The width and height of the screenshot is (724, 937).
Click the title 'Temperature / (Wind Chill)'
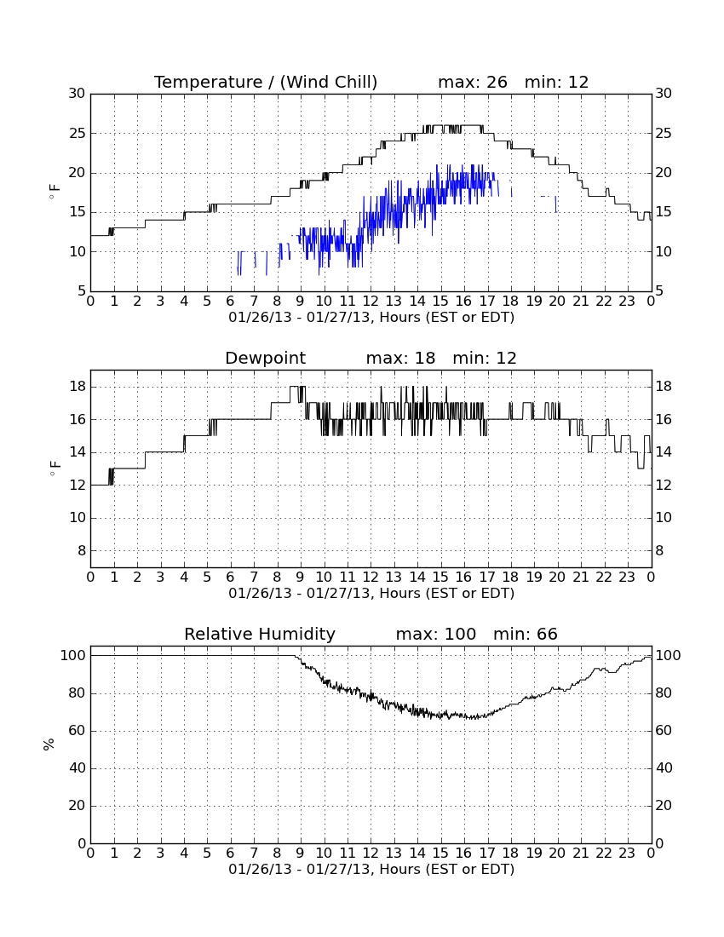(x=266, y=82)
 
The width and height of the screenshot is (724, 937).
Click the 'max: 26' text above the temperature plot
(x=473, y=82)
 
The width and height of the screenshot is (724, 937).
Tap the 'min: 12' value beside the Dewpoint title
(x=485, y=358)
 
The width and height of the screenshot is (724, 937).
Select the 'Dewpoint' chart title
(x=265, y=359)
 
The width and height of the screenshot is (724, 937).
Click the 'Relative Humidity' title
(x=260, y=634)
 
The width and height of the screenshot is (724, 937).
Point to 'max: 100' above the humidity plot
(x=436, y=634)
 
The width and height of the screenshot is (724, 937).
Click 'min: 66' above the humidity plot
(x=525, y=634)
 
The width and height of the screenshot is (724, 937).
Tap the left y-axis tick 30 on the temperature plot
(x=77, y=93)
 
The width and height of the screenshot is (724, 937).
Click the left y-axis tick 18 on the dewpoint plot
(x=78, y=387)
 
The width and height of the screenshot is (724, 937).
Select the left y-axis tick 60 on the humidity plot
(x=78, y=730)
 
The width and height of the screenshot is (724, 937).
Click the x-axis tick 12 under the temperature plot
(x=371, y=302)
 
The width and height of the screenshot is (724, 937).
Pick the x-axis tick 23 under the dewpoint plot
(x=627, y=578)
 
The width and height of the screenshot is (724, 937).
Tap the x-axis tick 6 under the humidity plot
(x=231, y=853)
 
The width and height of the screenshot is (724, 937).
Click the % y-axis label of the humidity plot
(x=49, y=744)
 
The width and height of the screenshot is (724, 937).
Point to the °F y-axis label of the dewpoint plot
(x=55, y=468)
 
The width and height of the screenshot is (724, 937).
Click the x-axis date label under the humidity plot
(x=371, y=870)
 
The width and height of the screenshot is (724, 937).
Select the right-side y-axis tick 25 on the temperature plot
(x=664, y=133)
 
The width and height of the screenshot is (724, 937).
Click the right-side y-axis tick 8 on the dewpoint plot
(x=659, y=550)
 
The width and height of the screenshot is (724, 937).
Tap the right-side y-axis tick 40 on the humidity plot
(x=664, y=767)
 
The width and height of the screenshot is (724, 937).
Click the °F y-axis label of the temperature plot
(x=55, y=193)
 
